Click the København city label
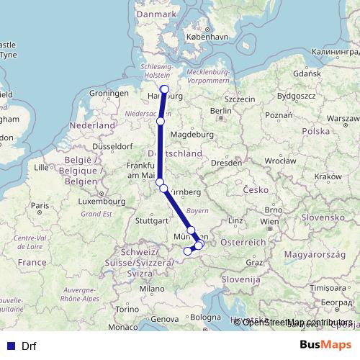pos(205,36)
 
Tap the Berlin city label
pos(220,111)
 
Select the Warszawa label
pos(342,117)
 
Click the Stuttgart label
pos(150,221)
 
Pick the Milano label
pos(152,288)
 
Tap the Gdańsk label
pos(307,73)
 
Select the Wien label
pos(269,222)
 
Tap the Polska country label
pos(315,132)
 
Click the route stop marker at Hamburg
pos(164,89)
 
